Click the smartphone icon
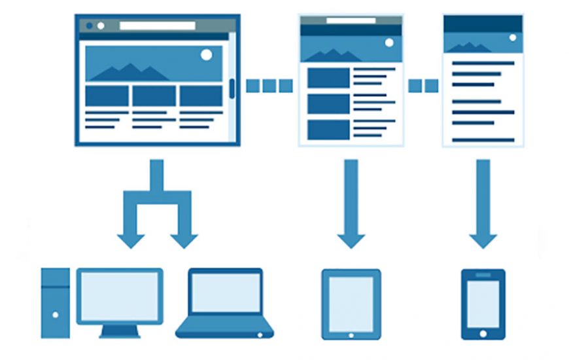[x=483, y=304]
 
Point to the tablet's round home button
[x=351, y=334]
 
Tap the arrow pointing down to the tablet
[x=351, y=203]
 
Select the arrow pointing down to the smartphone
[x=483, y=203]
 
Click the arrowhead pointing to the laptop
[x=184, y=240]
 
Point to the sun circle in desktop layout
[x=207, y=55]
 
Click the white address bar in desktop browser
[x=157, y=26]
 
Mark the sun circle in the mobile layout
[x=513, y=38]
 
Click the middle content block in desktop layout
[x=154, y=96]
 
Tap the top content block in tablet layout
[x=328, y=78]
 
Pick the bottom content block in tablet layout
[x=328, y=129]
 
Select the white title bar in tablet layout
[x=351, y=20]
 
